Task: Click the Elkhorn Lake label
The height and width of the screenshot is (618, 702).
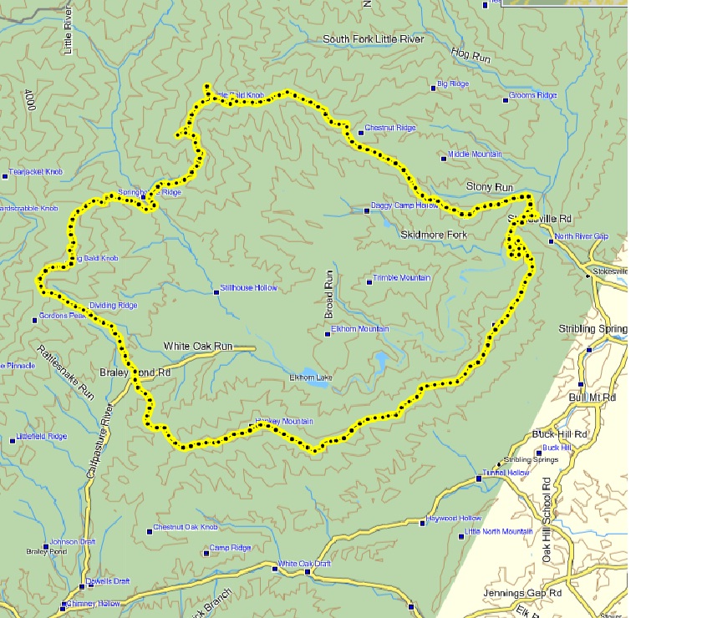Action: pos(310,378)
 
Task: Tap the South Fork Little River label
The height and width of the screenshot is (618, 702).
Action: pos(374,39)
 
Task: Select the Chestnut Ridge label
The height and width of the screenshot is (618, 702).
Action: pos(389,128)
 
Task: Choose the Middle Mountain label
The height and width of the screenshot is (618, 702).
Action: pos(475,154)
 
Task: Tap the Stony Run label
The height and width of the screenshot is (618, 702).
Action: pos(489,188)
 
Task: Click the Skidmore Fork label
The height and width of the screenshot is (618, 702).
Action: pos(434,236)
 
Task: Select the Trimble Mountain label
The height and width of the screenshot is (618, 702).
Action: pos(401,278)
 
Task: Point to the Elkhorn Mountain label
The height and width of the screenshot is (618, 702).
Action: pos(360,329)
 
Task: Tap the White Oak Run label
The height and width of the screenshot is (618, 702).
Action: pos(199,346)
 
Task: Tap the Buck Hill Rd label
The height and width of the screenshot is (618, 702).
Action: pos(561,435)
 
